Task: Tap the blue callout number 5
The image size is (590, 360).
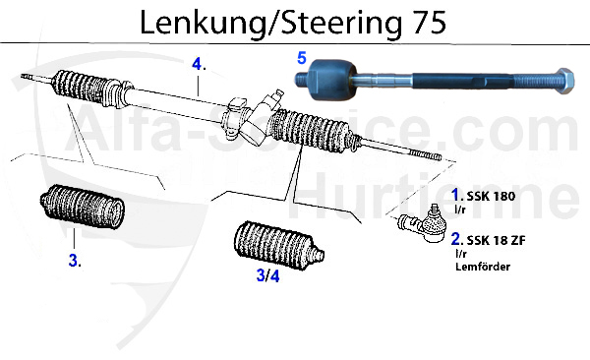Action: click(x=303, y=58)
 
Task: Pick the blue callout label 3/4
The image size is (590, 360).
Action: click(x=267, y=276)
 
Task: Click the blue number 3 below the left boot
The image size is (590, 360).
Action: click(x=74, y=261)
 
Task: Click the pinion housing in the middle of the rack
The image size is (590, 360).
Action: click(x=246, y=114)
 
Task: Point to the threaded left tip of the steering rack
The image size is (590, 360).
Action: click(x=29, y=75)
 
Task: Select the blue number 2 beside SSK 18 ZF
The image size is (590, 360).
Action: click(x=456, y=239)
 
